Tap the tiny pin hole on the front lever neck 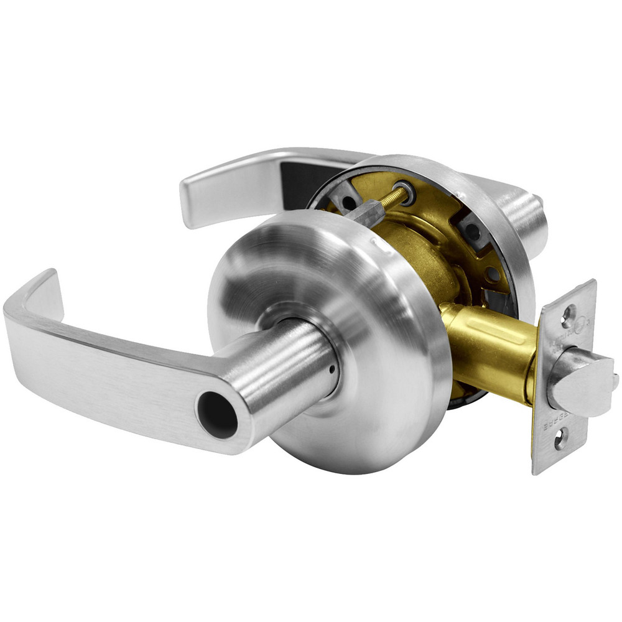333,368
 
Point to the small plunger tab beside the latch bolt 614,379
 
